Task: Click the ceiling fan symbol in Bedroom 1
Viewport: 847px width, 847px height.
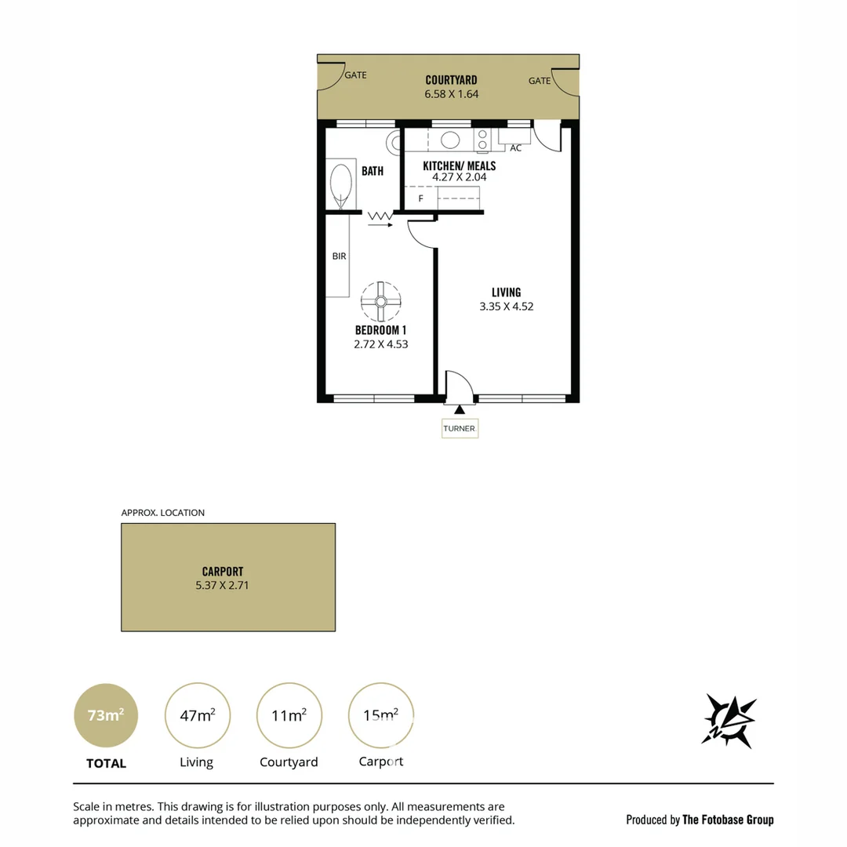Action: coord(380,301)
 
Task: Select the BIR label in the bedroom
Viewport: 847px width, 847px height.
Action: coord(339,256)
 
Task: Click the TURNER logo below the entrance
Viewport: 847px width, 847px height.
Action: coord(460,428)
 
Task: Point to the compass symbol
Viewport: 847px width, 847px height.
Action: coord(729,720)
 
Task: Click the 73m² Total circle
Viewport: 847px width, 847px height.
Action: coord(106,715)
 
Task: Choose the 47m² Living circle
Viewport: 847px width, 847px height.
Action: coord(198,715)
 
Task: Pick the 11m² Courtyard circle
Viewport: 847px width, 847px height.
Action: coord(289,715)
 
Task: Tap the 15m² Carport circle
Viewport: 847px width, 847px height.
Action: coord(380,715)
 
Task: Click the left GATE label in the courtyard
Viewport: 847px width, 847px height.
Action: coord(355,76)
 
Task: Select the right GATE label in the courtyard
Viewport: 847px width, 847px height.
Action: coord(539,81)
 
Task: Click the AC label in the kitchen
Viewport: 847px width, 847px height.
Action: coord(515,147)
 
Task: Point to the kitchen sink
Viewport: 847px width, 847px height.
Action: coord(449,140)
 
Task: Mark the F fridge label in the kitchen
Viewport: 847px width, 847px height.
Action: coord(420,198)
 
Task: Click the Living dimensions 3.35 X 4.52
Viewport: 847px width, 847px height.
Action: coord(507,307)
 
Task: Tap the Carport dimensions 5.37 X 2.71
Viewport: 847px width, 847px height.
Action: coord(222,585)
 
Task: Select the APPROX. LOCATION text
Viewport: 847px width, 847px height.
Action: coord(162,513)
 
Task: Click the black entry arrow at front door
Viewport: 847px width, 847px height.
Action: coord(460,409)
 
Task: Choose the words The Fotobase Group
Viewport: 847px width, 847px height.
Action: coord(728,820)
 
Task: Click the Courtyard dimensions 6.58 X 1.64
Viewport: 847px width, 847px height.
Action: coord(451,94)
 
